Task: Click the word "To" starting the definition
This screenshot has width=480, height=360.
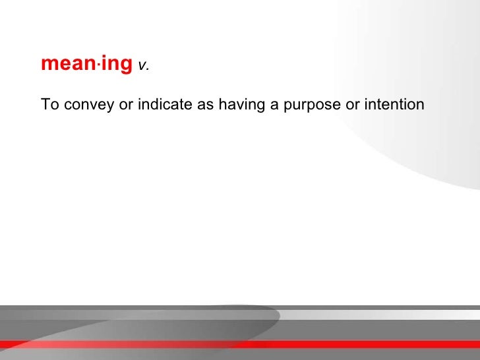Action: point(48,104)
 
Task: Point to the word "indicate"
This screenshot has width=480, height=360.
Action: point(165,104)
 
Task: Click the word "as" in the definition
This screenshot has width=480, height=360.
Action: point(205,105)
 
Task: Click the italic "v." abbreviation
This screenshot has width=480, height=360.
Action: point(143,66)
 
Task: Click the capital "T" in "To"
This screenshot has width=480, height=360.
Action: point(45,104)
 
